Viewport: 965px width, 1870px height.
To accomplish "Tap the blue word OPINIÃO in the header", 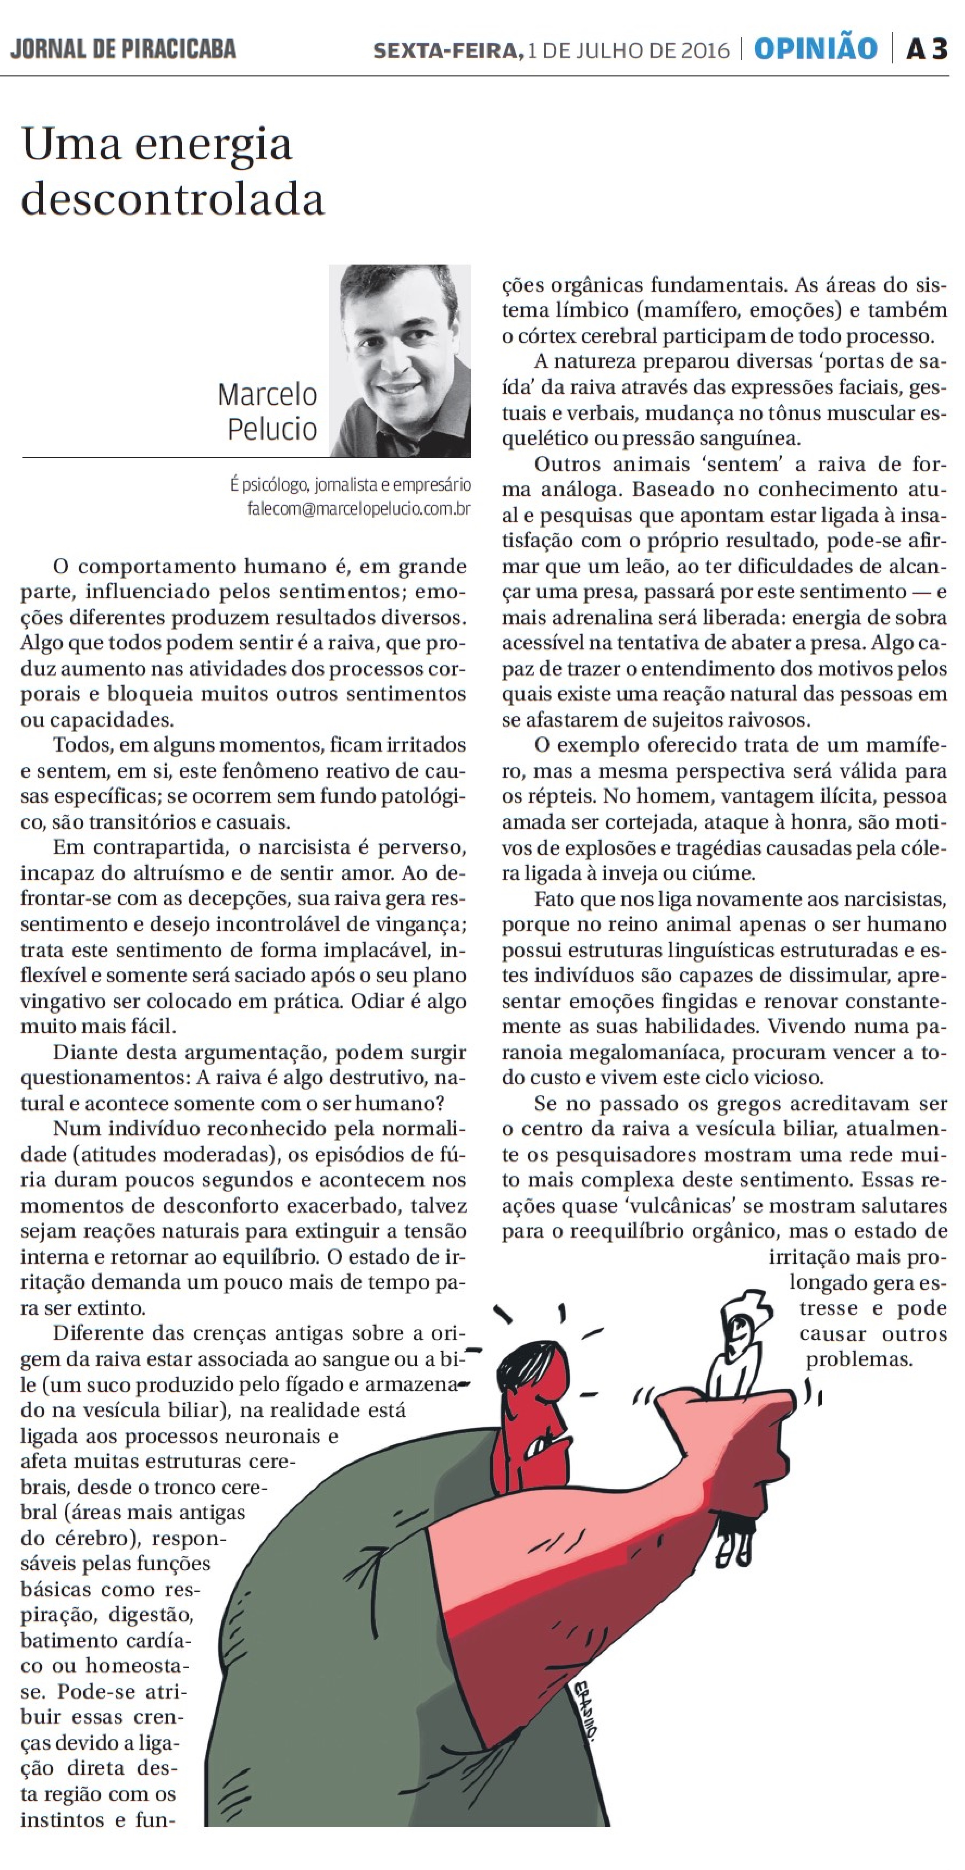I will tap(815, 49).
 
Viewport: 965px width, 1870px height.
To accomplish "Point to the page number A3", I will tap(927, 49).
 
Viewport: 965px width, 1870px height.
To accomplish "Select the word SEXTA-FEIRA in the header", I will tap(447, 50).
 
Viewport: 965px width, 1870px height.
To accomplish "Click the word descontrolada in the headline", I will tap(173, 199).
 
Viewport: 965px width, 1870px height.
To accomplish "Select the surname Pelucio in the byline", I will tap(272, 429).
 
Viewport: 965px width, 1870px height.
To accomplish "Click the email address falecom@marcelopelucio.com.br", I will tap(358, 509).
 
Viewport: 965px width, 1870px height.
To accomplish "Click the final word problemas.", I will tap(859, 1359).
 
